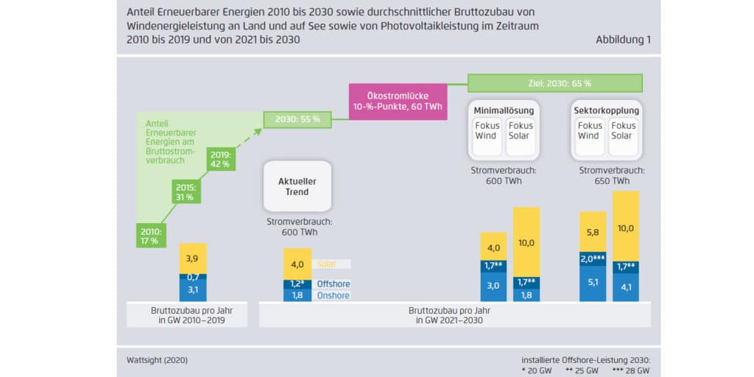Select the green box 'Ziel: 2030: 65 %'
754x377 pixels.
[x=554, y=82]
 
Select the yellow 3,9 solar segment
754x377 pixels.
[x=193, y=258]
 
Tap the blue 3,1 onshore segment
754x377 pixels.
[x=193, y=289]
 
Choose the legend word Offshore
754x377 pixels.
[x=333, y=284]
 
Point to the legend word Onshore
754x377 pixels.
[x=333, y=295]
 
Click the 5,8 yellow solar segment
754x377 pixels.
[x=593, y=231]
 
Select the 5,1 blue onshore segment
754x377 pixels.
[x=593, y=281]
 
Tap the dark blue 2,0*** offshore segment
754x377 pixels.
[x=593, y=258]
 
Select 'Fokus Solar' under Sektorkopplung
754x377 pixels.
[x=621, y=130]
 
